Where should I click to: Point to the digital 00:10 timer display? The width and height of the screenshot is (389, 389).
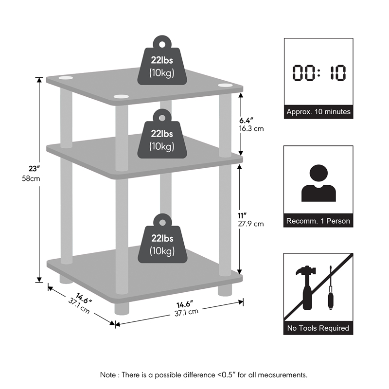pos(318,73)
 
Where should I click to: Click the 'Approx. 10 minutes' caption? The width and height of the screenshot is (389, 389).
pos(318,112)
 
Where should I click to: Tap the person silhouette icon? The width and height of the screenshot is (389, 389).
pos(318,182)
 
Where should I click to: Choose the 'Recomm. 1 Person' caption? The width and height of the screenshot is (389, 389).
pos(318,221)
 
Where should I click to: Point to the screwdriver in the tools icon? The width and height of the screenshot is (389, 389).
pos(330,292)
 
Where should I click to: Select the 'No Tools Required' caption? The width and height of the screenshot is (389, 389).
pos(318,328)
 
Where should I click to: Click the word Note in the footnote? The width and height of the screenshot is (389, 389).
pos(108,375)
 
